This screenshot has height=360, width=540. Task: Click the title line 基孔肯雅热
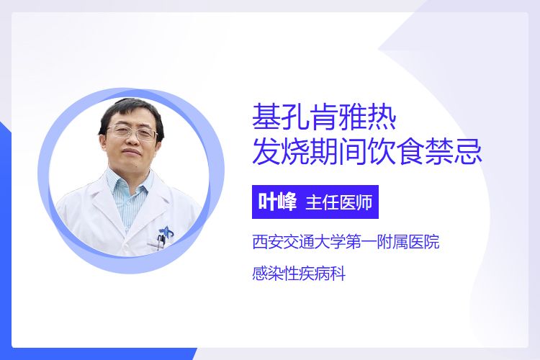(x=324, y=117)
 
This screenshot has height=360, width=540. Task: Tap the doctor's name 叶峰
(x=278, y=202)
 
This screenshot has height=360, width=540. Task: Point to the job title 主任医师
(x=339, y=202)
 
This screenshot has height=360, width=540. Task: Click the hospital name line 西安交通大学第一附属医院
(x=346, y=242)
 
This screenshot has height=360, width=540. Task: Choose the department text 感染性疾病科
(x=299, y=274)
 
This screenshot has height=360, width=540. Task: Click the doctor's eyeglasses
(x=132, y=132)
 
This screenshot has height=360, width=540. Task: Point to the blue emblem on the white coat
(x=167, y=232)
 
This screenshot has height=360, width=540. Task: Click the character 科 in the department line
(x=338, y=274)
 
